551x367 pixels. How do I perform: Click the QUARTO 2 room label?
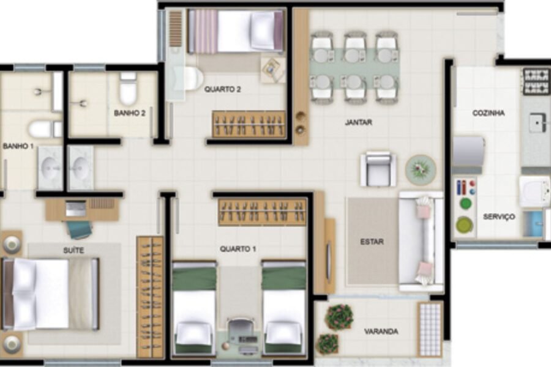tap(222, 89)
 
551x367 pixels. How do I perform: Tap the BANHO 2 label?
tap(130, 113)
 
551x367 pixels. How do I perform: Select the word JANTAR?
tap(358, 122)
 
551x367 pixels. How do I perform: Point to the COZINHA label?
tap(489, 113)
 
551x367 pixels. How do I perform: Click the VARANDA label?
tap(381, 331)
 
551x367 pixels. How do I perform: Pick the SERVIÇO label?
tap(499, 217)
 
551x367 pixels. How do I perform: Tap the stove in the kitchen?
tap(536, 81)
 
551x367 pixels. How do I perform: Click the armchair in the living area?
tap(378, 169)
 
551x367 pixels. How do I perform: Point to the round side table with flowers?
tap(421, 169)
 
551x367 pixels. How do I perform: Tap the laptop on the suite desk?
tap(75, 209)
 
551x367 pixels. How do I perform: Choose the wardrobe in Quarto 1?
tap(262, 212)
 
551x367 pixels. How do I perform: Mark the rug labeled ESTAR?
tap(372, 241)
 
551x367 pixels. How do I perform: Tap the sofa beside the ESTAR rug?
tap(421, 241)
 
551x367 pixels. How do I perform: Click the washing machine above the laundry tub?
tap(534, 191)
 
